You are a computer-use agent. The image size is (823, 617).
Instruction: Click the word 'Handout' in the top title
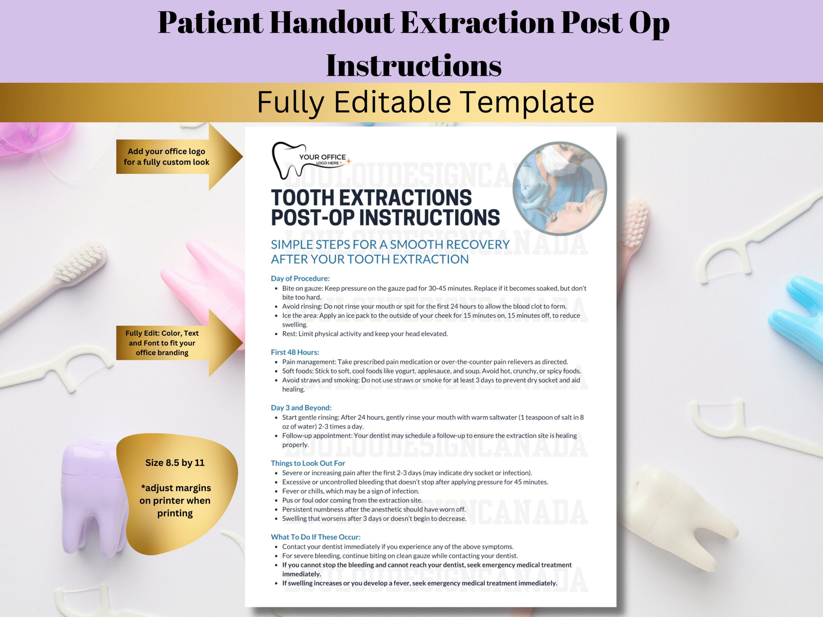pos(331,23)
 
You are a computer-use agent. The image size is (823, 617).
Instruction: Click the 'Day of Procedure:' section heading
pos(300,278)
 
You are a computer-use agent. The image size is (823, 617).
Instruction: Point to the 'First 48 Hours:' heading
pos(295,352)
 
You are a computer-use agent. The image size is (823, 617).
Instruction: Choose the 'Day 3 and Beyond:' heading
pos(301,407)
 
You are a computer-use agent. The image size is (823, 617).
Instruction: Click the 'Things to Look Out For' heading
pos(308,463)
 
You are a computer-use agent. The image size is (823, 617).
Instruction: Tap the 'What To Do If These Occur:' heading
pos(315,537)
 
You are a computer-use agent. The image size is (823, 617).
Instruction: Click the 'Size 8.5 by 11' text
pos(175,463)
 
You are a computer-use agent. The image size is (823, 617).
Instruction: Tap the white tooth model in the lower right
pos(681,517)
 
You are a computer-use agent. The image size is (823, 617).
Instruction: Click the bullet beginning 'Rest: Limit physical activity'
pos(365,334)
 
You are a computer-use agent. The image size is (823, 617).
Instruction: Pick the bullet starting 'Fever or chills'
pos(350,491)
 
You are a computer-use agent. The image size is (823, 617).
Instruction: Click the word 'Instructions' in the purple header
pos(413,66)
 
